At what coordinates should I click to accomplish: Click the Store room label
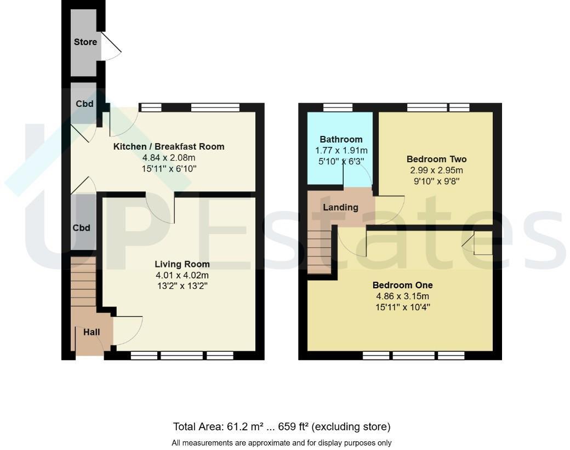[x=85, y=42]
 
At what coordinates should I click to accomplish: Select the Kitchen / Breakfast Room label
[x=168, y=146]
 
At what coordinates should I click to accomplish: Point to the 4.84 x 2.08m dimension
[x=168, y=158]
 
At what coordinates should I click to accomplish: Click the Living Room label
[x=182, y=264]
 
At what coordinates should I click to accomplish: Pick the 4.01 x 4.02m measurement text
[x=182, y=275]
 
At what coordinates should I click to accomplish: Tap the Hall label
[x=92, y=332]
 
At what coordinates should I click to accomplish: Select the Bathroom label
[x=341, y=139]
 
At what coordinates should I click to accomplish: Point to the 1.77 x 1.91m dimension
[x=341, y=150]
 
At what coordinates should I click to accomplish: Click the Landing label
[x=340, y=207]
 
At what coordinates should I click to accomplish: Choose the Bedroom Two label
[x=436, y=160]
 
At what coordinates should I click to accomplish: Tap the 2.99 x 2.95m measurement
[x=436, y=170]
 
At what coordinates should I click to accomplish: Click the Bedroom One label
[x=402, y=285]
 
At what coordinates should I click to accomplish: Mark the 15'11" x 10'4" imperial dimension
[x=402, y=307]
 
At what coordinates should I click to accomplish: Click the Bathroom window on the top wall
[x=338, y=107]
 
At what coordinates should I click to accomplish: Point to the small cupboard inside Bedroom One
[x=482, y=243]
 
